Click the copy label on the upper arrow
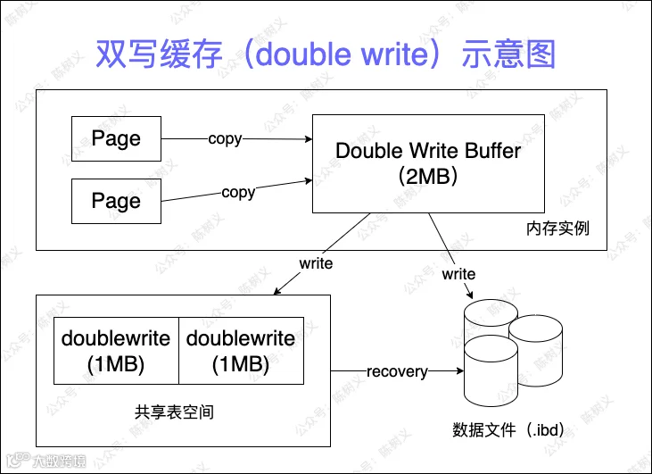(x=225, y=139)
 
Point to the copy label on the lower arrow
(x=238, y=193)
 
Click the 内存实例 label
(x=557, y=229)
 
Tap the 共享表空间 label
(x=174, y=412)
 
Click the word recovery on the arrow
(x=397, y=371)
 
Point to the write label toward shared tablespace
(x=316, y=263)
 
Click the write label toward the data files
(x=458, y=274)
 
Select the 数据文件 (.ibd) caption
(x=508, y=429)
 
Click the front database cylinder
(x=491, y=371)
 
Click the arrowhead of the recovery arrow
(x=460, y=370)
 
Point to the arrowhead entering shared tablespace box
(x=277, y=291)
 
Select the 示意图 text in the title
(x=508, y=54)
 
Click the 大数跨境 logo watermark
(x=46, y=461)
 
